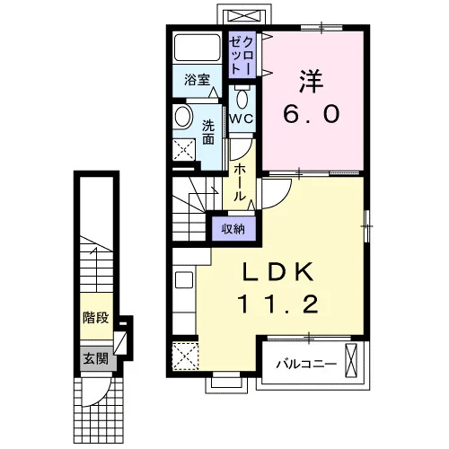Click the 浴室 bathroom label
pyautogui.click(x=197, y=80)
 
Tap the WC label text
pyautogui.click(x=242, y=119)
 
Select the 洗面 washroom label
pyautogui.click(x=208, y=132)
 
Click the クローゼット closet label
pyautogui.click(x=242, y=56)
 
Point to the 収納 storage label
pyautogui.click(x=233, y=229)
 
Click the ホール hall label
pyautogui.click(x=240, y=182)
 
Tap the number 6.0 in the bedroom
pyautogui.click(x=312, y=114)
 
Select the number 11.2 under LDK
pyautogui.click(x=277, y=304)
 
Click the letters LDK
pyautogui.click(x=278, y=271)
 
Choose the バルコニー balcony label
pyautogui.click(x=306, y=365)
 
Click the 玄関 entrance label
pyautogui.click(x=95, y=358)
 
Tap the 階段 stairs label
pyautogui.click(x=96, y=317)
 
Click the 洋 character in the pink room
pyautogui.click(x=312, y=81)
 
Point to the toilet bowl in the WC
pyautogui.click(x=242, y=99)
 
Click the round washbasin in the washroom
pyautogui.click(x=183, y=117)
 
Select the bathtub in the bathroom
pyautogui.click(x=197, y=48)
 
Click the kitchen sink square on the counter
pyautogui.click(x=184, y=280)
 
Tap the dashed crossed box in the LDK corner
pyautogui.click(x=185, y=357)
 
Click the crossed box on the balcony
pyautogui.click(x=351, y=360)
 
